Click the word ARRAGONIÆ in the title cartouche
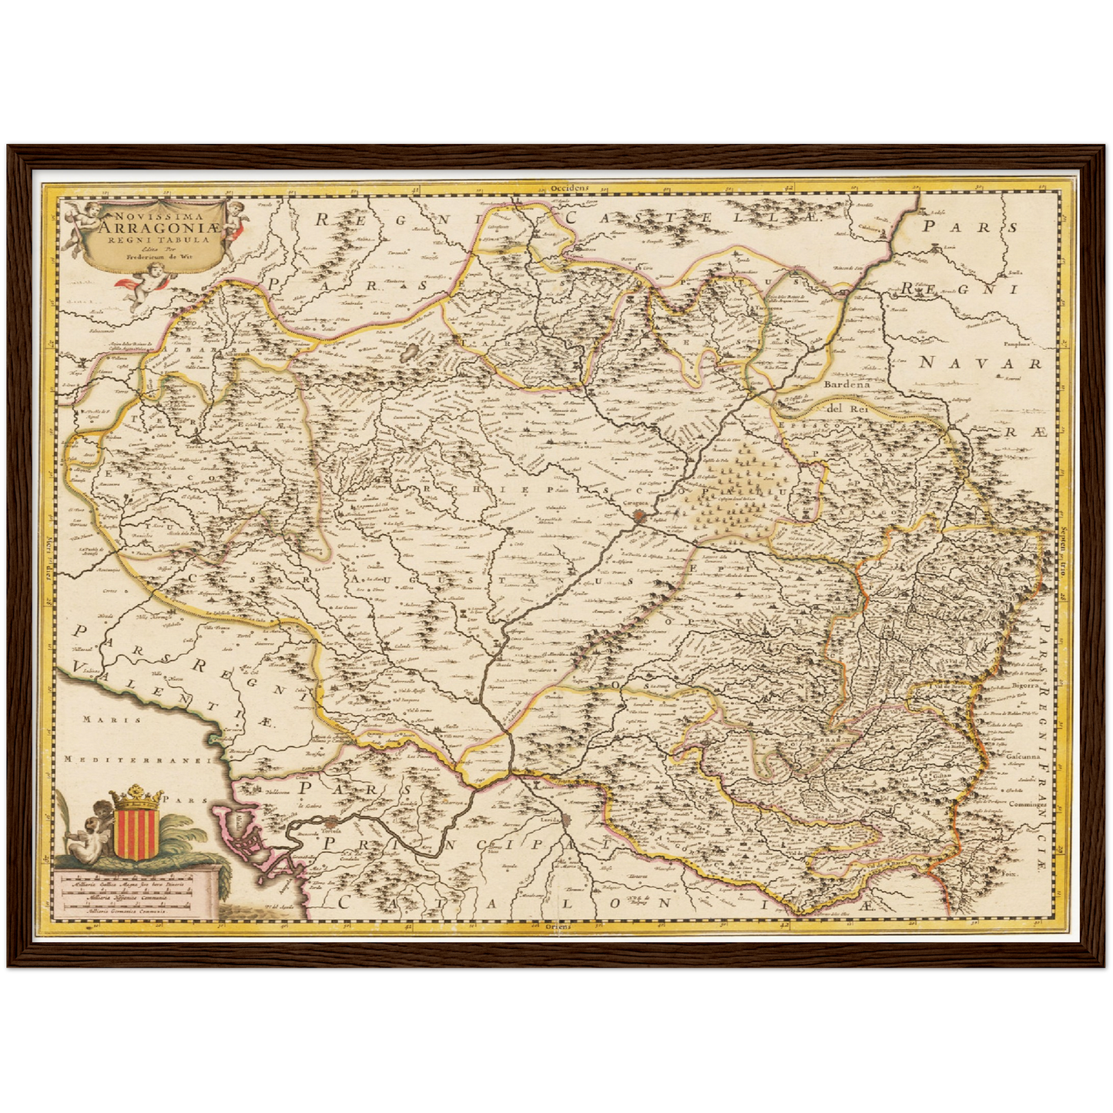click(x=158, y=225)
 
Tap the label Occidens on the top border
click(x=569, y=188)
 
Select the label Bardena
click(x=845, y=383)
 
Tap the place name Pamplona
click(x=1016, y=347)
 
